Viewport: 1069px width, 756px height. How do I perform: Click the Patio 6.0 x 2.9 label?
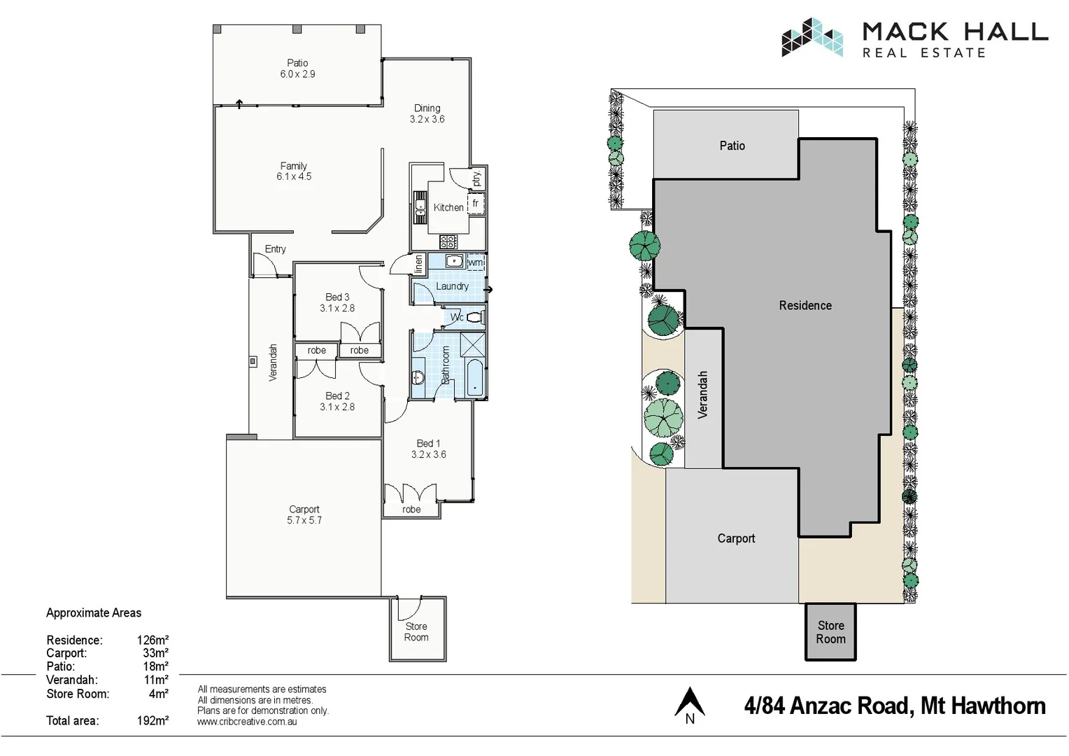(297, 69)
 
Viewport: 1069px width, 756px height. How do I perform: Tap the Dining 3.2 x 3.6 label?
(427, 113)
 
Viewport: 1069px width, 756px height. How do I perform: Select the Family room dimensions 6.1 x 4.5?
(294, 177)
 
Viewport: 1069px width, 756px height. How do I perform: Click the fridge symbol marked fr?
(476, 204)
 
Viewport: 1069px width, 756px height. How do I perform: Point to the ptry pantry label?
(476, 179)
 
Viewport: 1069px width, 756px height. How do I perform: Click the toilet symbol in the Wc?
(474, 318)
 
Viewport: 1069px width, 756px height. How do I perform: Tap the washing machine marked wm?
(476, 262)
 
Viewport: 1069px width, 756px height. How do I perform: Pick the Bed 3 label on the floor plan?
(337, 297)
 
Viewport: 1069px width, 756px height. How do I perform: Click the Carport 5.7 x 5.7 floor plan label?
(304, 515)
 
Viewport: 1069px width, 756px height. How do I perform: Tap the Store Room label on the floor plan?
(416, 632)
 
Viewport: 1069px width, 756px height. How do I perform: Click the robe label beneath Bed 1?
(411, 510)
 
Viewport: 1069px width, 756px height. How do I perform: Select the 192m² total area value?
(153, 721)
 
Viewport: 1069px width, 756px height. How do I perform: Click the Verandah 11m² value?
(156, 680)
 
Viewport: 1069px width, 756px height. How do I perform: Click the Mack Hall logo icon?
(812, 37)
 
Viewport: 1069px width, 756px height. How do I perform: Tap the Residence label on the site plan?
(805, 306)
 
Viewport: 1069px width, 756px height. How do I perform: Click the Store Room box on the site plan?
(830, 632)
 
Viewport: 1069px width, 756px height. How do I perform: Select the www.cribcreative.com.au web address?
(247, 722)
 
